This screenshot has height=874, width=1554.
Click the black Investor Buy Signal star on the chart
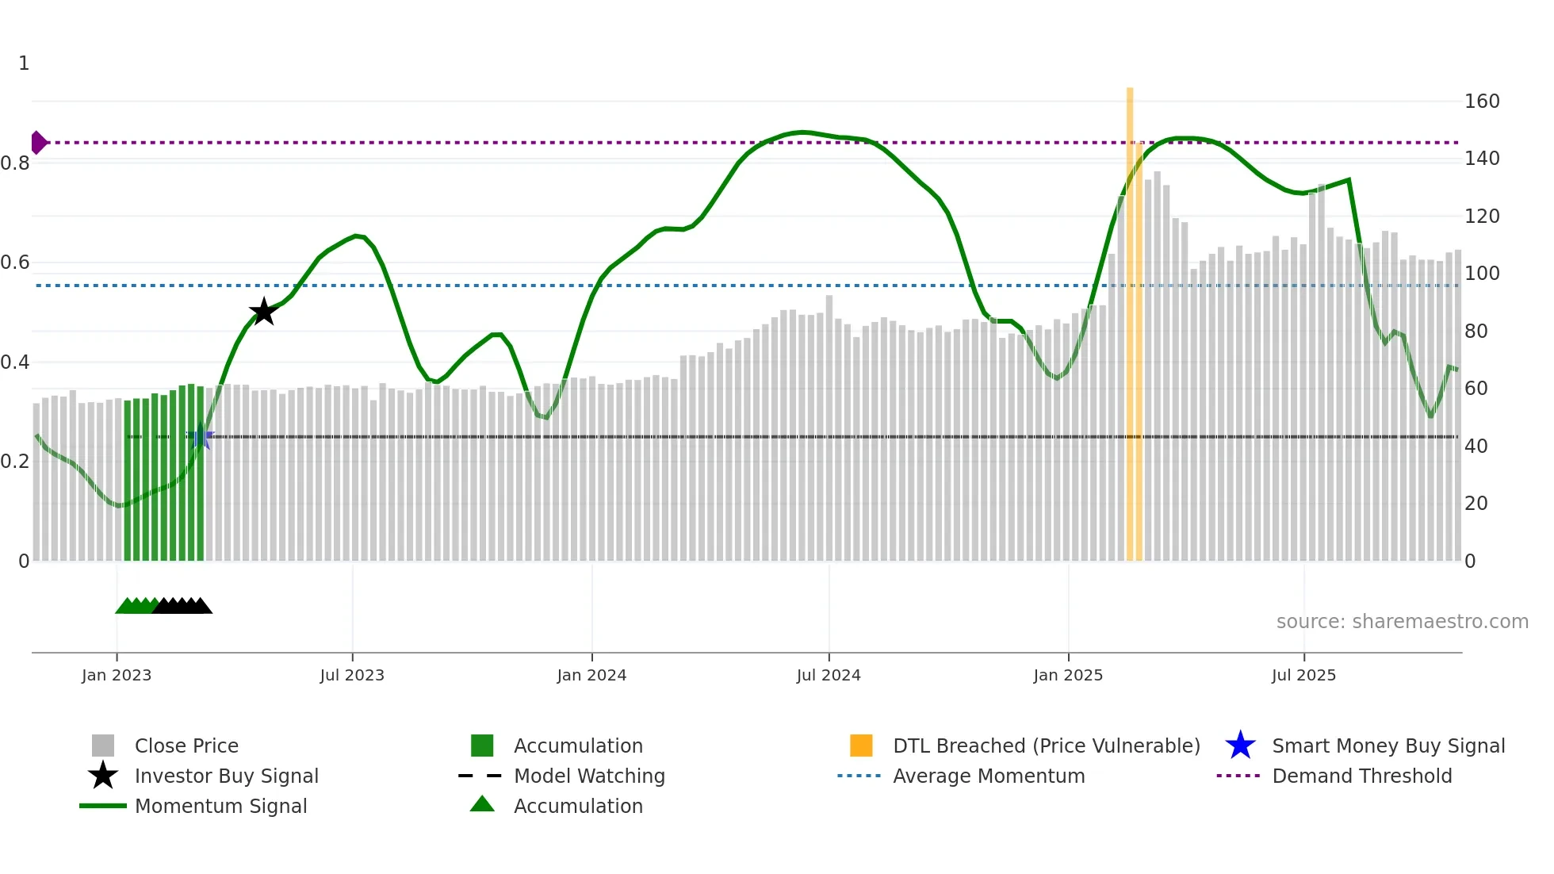[263, 312]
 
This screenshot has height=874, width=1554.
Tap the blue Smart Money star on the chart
[201, 436]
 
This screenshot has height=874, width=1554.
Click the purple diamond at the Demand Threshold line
[38, 143]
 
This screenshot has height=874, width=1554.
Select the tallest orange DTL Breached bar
[1130, 317]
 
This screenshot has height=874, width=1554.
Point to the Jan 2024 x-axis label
[591, 675]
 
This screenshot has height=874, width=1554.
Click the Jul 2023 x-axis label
[352, 675]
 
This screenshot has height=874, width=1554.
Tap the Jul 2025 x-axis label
[1303, 675]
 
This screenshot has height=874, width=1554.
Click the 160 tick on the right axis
[1482, 102]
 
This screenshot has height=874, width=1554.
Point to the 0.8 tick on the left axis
[15, 163]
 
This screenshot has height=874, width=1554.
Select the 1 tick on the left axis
[24, 63]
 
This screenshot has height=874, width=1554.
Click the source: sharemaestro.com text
[1402, 622]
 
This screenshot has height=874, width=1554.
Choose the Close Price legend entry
[186, 746]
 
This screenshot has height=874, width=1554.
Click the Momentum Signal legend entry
[220, 807]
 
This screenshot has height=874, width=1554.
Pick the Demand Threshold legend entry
[1361, 776]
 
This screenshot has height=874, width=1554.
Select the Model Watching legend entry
[588, 776]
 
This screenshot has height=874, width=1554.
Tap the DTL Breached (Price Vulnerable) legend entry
[1046, 746]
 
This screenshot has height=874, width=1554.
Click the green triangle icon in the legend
[482, 804]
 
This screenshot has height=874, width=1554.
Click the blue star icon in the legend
[1240, 746]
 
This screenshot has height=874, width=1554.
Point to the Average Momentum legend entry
[988, 776]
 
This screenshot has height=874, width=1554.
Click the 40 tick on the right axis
[1476, 447]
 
